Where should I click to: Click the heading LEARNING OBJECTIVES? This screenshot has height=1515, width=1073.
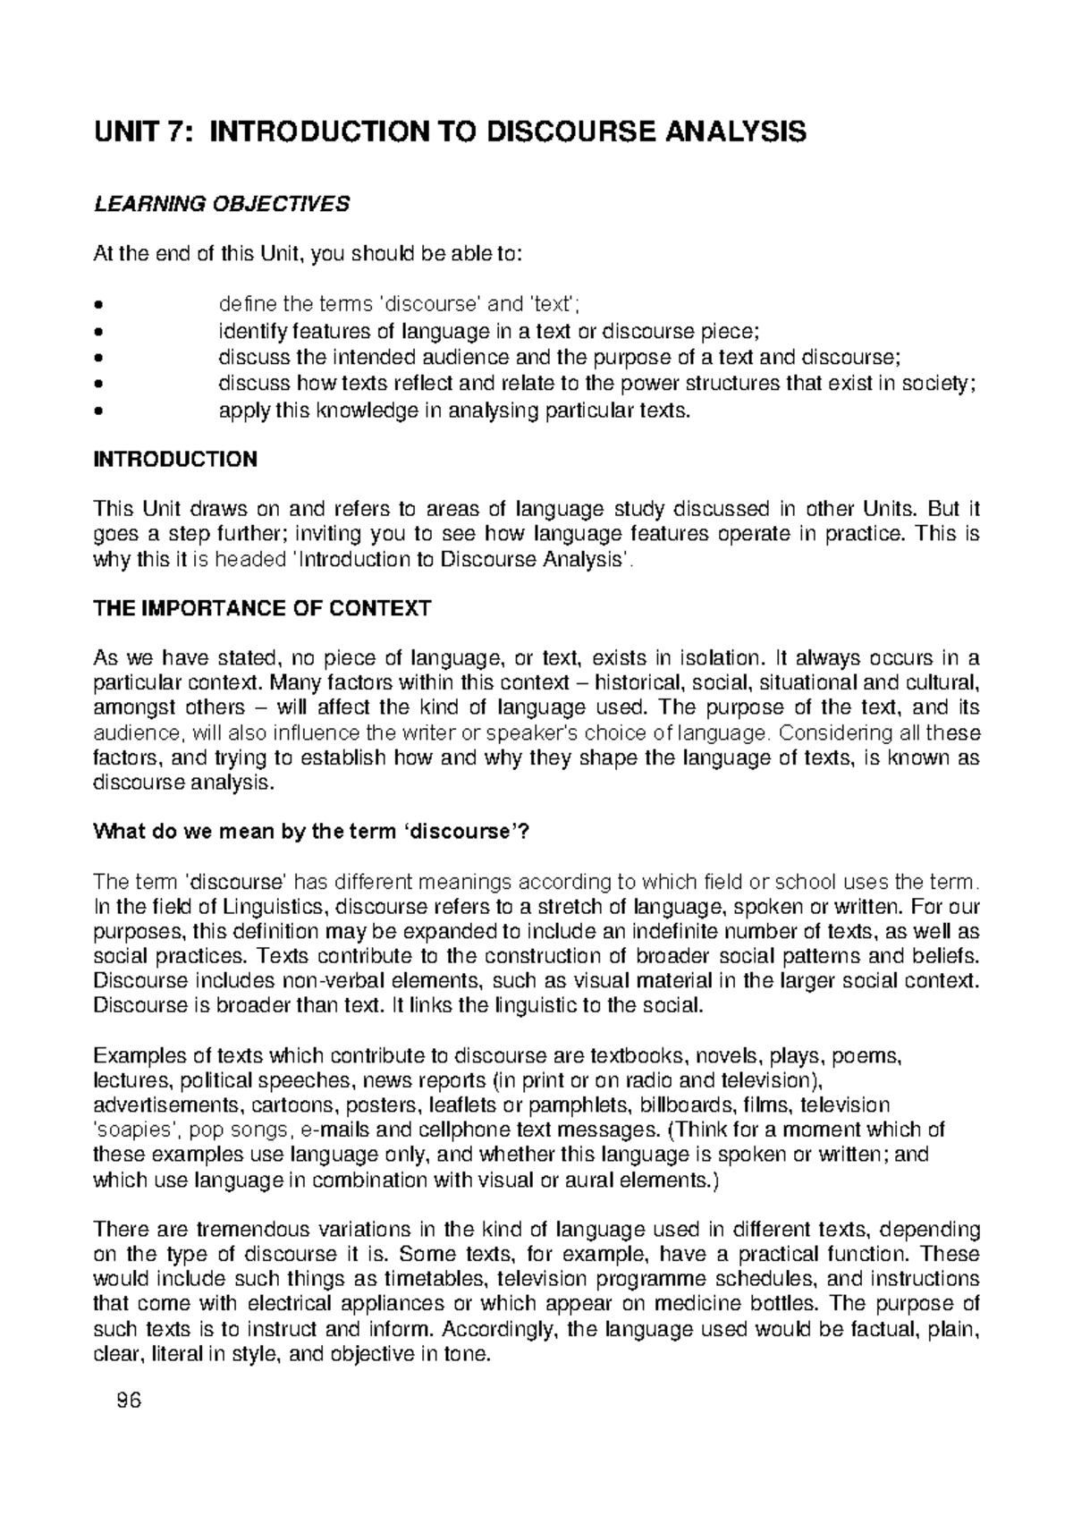(x=222, y=204)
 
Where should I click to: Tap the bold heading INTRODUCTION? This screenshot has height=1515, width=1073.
(x=175, y=460)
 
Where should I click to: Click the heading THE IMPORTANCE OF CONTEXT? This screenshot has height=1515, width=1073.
(x=262, y=609)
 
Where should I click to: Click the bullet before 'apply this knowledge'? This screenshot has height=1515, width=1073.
(x=98, y=411)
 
